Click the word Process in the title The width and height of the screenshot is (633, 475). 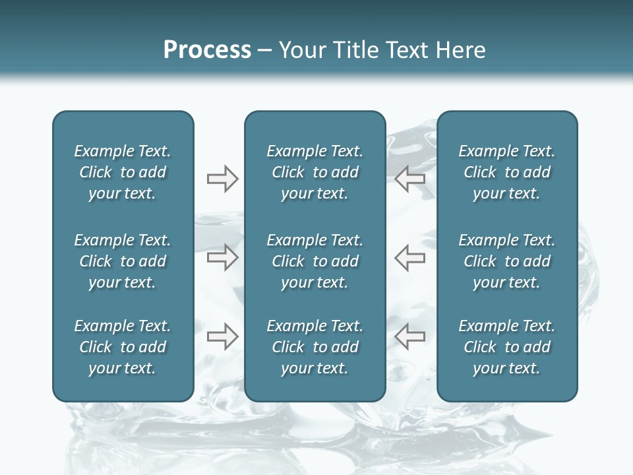[207, 50]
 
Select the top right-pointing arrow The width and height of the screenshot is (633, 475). [222, 179]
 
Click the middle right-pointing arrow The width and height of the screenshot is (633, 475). [222, 257]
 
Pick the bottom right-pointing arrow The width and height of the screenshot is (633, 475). [222, 336]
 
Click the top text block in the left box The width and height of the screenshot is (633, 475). [123, 172]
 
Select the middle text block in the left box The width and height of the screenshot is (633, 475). [123, 261]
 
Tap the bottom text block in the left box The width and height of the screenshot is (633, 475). [123, 347]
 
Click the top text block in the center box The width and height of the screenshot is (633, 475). [315, 172]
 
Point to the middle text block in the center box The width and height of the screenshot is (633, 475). [315, 261]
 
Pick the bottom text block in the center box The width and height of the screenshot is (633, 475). [315, 347]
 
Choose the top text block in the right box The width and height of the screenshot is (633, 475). [507, 172]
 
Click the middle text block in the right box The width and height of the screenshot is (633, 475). [507, 261]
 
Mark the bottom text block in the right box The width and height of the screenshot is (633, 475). [507, 347]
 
